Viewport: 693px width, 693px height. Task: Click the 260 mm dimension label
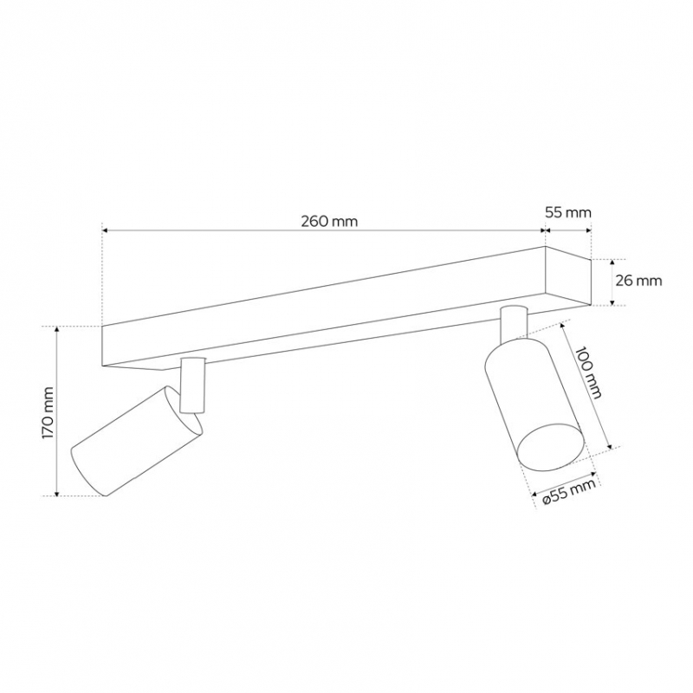coord(329,221)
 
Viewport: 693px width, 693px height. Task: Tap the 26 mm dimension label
coord(638,280)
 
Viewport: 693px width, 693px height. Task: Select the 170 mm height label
coord(48,413)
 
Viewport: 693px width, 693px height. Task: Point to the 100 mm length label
coord(589,372)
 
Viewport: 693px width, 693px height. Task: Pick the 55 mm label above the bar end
coord(568,212)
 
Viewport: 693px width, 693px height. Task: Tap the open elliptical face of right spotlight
coord(551,445)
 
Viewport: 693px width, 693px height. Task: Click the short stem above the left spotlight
coord(193,385)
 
